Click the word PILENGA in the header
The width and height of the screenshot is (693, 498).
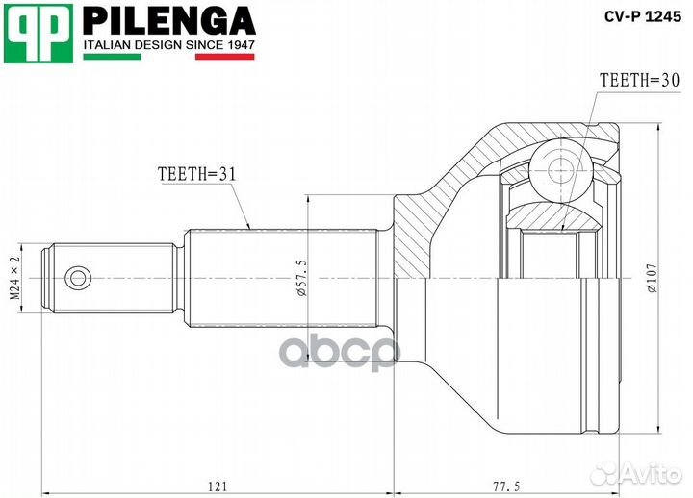tap(168, 19)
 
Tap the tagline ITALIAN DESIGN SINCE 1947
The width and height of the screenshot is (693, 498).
tap(169, 44)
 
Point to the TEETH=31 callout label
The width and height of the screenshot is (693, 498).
tap(196, 173)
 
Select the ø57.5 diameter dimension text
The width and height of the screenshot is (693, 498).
tap(303, 279)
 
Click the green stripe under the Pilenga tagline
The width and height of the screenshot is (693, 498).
tap(113, 57)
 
